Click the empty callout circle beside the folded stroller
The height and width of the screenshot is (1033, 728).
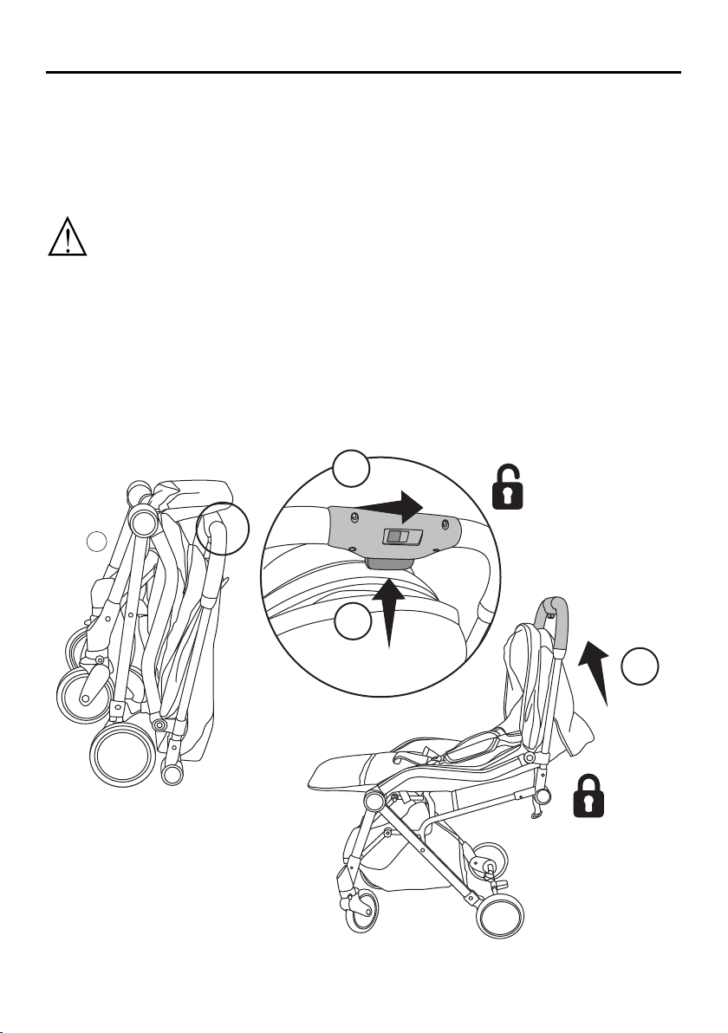click(98, 542)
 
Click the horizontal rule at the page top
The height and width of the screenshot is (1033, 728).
click(364, 73)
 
